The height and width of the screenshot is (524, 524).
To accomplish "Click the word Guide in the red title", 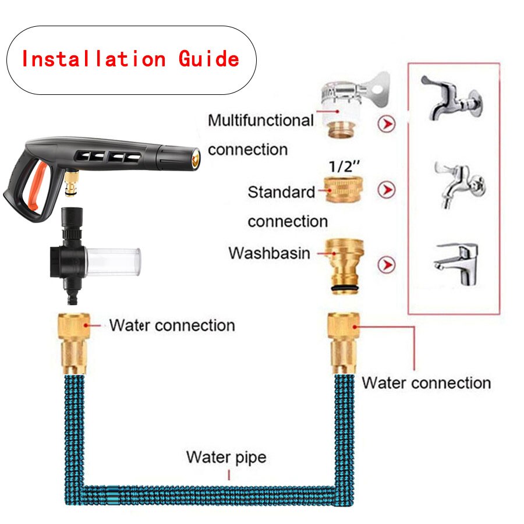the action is (x=209, y=59).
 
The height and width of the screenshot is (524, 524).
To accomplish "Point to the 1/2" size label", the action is (x=344, y=166).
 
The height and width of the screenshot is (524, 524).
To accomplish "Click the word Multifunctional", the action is (x=261, y=121).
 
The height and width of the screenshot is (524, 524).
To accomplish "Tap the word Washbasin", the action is (x=270, y=253).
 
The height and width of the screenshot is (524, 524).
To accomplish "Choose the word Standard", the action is (x=281, y=192).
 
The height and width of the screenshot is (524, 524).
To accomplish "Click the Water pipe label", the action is (x=226, y=457).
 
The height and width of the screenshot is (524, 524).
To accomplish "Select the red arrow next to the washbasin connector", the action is (x=387, y=265).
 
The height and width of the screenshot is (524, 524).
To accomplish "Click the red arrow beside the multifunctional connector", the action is (x=387, y=124).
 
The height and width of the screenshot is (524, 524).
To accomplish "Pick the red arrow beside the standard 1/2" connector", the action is (x=387, y=190).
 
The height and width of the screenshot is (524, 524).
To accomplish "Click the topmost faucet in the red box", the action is (x=451, y=98).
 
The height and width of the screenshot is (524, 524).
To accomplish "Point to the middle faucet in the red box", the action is (x=460, y=185).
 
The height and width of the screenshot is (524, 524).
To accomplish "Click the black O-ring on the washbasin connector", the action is (x=345, y=288).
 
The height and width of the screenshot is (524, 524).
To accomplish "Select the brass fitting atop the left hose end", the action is (x=73, y=343).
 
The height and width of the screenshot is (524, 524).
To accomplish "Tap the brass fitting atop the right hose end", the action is (x=344, y=343).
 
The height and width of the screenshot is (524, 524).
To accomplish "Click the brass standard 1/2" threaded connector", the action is (x=344, y=189).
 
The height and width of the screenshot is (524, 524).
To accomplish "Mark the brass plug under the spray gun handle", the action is (x=72, y=183).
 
